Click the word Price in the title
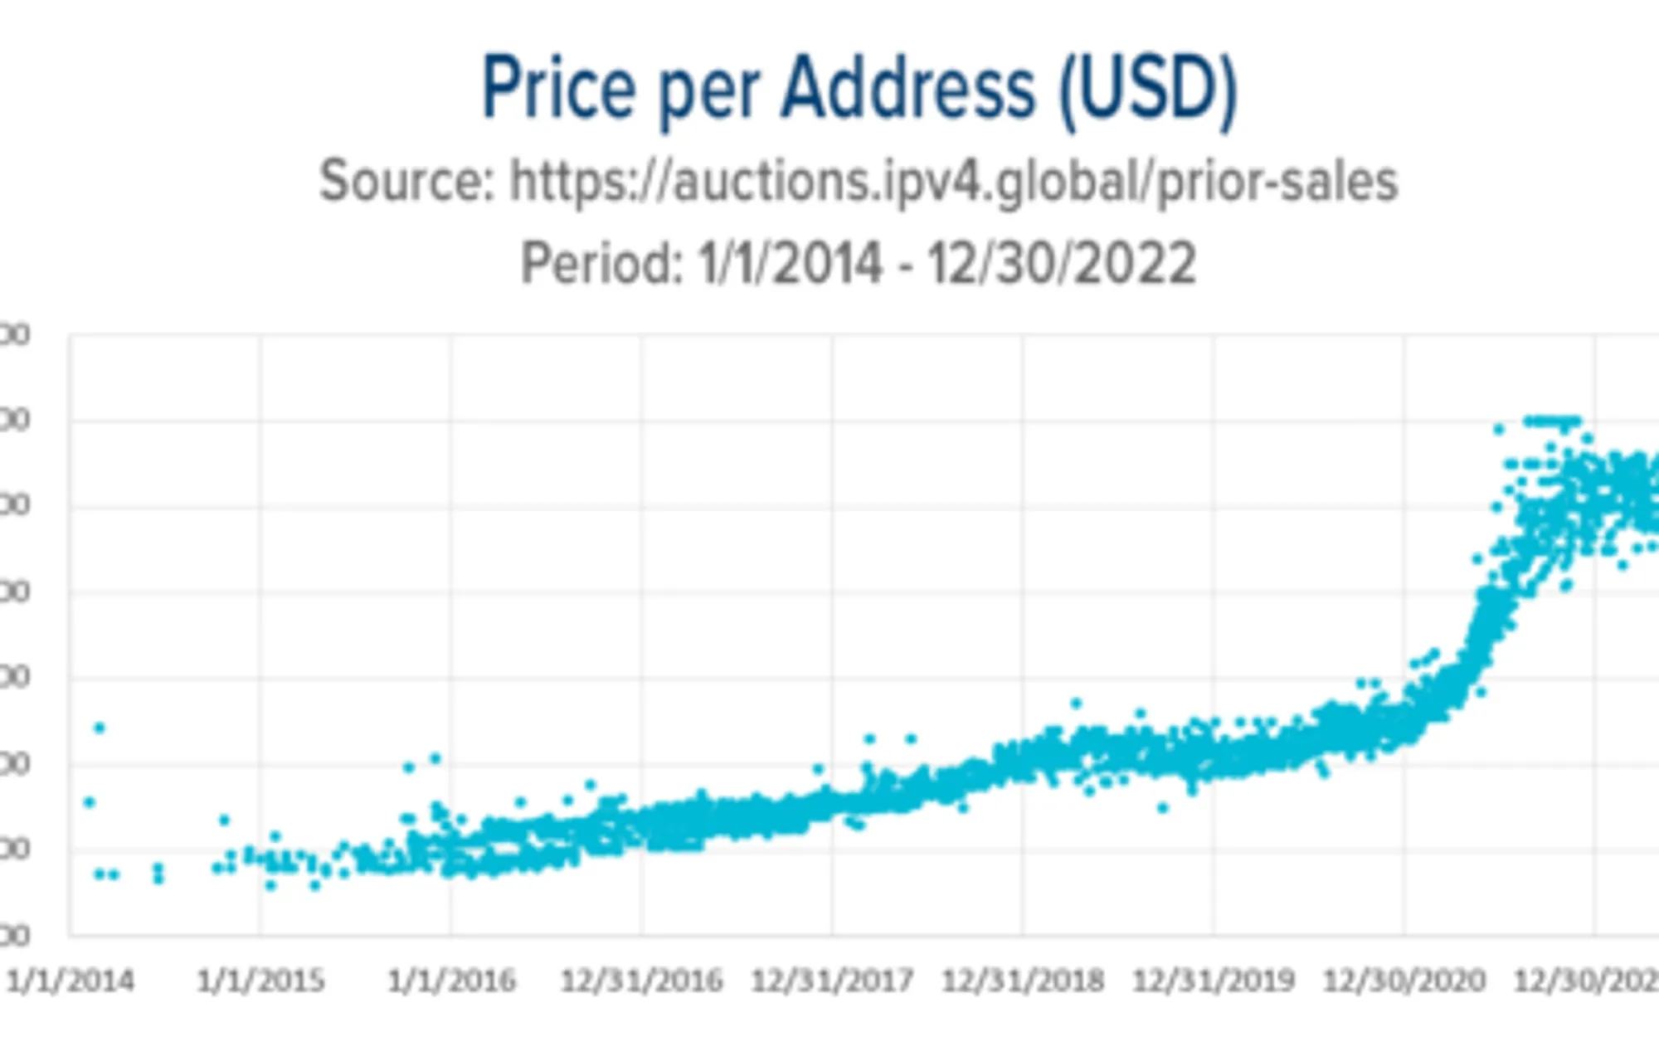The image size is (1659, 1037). (558, 88)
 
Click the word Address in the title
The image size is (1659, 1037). (908, 88)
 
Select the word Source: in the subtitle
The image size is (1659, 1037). (407, 182)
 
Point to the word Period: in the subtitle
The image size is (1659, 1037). (601, 264)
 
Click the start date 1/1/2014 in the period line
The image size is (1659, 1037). (791, 264)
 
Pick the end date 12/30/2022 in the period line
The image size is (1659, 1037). (1061, 264)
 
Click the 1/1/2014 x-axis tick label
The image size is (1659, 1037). (70, 981)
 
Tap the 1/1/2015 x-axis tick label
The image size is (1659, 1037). (260, 981)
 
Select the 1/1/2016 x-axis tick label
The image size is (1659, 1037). (451, 981)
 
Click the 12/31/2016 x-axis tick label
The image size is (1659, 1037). (641, 981)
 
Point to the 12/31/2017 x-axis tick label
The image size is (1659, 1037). (832, 981)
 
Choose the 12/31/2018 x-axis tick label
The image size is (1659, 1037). (1023, 981)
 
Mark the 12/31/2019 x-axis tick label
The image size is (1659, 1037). (1214, 981)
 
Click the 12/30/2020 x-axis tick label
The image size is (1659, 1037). (1404, 981)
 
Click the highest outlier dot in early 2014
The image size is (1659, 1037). (100, 728)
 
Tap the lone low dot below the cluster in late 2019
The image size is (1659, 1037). (1163, 807)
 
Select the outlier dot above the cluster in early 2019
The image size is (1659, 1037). (1076, 704)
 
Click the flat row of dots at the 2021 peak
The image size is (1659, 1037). (1551, 421)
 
